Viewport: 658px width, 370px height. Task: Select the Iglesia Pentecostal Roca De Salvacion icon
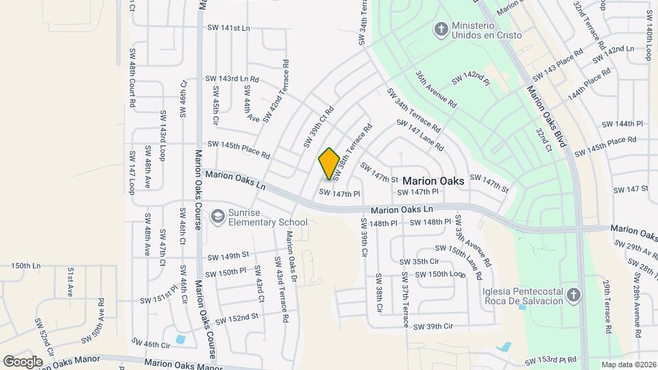tap(574, 295)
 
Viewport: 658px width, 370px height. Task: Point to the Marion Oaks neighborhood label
tap(433, 181)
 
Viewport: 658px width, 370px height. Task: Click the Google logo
tap(23, 361)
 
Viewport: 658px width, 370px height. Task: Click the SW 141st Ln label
tap(228, 28)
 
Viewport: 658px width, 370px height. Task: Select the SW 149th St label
tap(228, 256)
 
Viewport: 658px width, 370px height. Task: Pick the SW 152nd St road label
tap(236, 319)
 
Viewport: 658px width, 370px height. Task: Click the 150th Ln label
tap(26, 265)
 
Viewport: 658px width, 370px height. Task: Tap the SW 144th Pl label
tap(622, 124)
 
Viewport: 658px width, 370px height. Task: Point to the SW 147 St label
tap(631, 188)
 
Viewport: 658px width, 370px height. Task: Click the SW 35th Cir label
tap(419, 261)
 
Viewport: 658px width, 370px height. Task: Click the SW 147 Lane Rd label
tap(420, 134)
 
